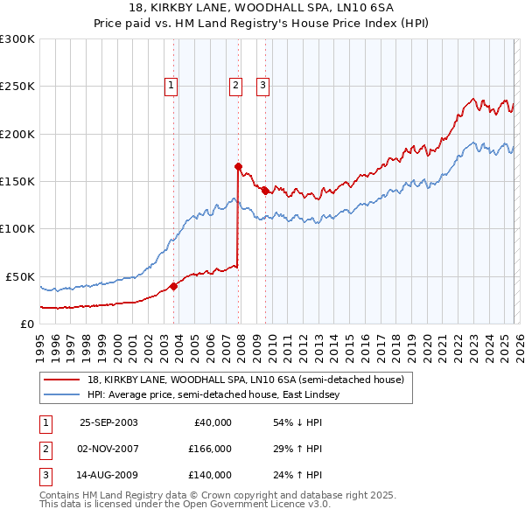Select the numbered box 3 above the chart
(x=262, y=86)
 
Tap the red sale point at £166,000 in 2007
(x=238, y=165)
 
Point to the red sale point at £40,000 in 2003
(x=174, y=285)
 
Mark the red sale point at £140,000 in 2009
(x=265, y=190)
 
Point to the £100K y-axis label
(x=17, y=228)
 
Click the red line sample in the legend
(x=63, y=380)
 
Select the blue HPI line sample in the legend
(x=63, y=395)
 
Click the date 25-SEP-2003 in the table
(x=108, y=422)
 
